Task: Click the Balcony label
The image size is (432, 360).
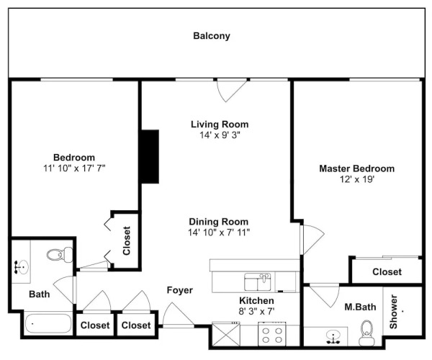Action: pos(212,36)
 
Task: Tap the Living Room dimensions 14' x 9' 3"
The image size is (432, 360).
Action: pos(220,135)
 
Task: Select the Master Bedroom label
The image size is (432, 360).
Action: pos(357,168)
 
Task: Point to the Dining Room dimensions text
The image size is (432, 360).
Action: pos(219,233)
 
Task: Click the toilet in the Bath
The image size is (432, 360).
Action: pos(60,255)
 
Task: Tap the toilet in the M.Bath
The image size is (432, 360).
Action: pos(366,333)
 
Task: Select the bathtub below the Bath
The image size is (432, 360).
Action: pos(48,323)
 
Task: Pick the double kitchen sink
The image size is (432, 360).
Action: pos(258,282)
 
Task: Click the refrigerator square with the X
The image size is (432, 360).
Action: pos(226,334)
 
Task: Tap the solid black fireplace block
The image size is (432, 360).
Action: pos(150,156)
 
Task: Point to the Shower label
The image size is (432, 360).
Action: pos(393,312)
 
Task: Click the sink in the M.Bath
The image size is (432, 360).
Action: pos(333,337)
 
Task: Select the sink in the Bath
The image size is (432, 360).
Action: pos(22,267)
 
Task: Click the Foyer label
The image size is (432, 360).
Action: pos(179,290)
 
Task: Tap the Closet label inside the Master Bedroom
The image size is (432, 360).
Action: pos(387,272)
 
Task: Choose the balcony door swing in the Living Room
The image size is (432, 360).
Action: pos(230,90)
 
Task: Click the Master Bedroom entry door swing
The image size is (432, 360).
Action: pos(312,239)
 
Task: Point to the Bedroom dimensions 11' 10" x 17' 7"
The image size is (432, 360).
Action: pos(74,168)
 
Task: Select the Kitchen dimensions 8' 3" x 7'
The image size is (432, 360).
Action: pos(256,312)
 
